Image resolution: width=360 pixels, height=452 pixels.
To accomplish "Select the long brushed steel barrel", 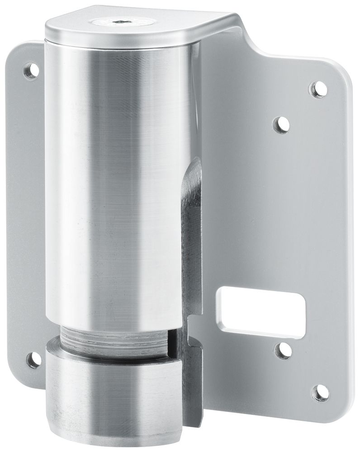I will pyautogui.click(x=118, y=181).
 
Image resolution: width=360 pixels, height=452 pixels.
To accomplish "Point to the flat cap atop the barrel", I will pyautogui.click(x=136, y=27).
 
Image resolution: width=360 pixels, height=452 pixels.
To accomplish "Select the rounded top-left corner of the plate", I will pyautogui.click(x=20, y=50).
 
